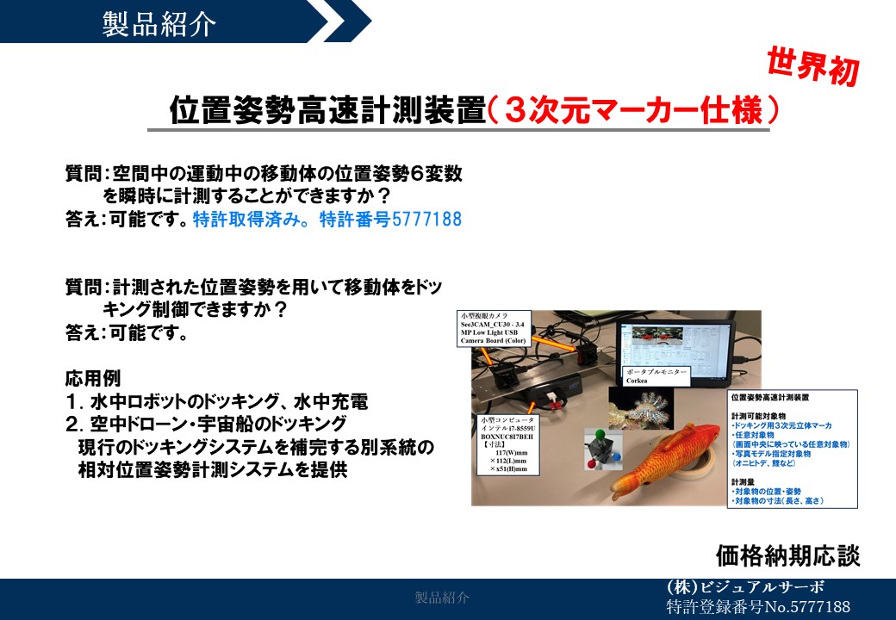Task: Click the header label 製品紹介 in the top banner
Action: pyautogui.click(x=159, y=22)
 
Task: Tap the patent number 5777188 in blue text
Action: pyautogui.click(x=426, y=219)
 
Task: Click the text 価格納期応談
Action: pyautogui.click(x=787, y=555)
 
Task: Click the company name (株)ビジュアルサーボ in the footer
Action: pyautogui.click(x=745, y=587)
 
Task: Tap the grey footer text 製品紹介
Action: pyautogui.click(x=442, y=598)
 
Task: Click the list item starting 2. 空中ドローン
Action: pyautogui.click(x=207, y=425)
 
